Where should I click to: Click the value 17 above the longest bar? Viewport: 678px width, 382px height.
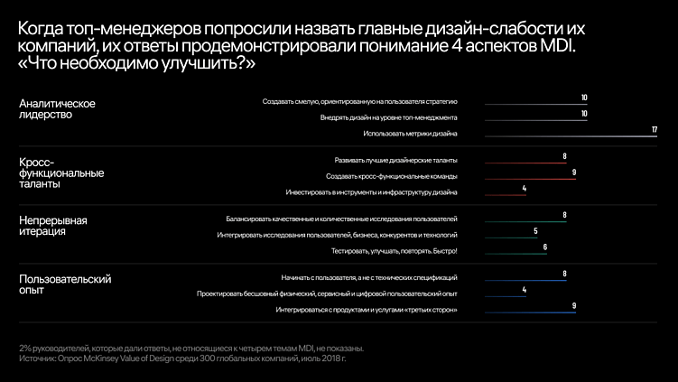[654, 130]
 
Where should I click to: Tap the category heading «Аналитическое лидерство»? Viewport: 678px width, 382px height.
[58, 109]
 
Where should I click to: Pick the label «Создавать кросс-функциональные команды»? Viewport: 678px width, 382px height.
[391, 176]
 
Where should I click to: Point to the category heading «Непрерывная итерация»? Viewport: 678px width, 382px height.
[53, 226]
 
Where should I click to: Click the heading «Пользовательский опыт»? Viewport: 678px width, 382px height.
[65, 284]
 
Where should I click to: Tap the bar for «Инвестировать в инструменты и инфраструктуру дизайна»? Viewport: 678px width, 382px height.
[505, 195]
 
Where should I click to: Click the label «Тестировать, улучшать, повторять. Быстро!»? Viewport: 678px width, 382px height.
[395, 250]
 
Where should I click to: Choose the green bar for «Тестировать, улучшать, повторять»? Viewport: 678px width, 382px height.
[515, 255]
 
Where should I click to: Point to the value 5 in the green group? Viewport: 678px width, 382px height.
[535, 231]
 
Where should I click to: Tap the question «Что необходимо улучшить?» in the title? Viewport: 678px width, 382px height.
[136, 64]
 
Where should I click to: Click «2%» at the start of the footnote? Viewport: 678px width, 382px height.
[24, 348]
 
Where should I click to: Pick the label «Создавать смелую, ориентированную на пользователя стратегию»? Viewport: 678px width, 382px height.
[360, 101]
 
